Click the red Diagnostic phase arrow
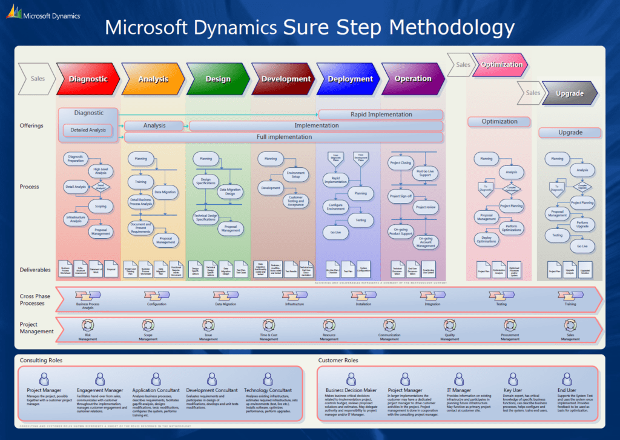(x=88, y=79)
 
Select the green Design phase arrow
(x=217, y=79)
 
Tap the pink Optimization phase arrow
(x=501, y=64)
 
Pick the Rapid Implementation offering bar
(x=381, y=114)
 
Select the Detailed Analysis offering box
(x=88, y=130)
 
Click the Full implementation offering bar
(x=284, y=137)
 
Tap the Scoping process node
(x=101, y=206)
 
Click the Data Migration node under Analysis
(x=165, y=192)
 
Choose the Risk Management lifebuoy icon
(x=87, y=325)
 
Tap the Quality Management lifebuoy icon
(x=449, y=325)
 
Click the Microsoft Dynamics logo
(x=42, y=13)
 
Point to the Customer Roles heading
(x=338, y=360)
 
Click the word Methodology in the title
(x=452, y=27)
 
